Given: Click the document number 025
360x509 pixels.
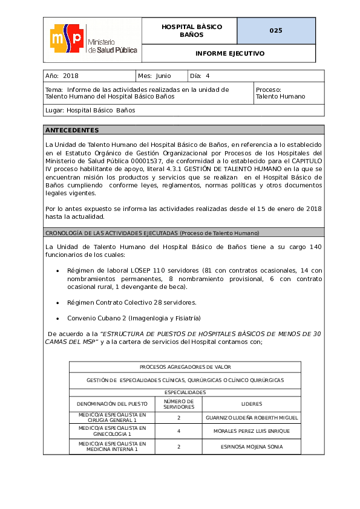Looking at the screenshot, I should coord(276,31).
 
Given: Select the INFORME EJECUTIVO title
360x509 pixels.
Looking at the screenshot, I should coord(229,54).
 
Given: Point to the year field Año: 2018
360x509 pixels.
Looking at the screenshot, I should coord(62,76).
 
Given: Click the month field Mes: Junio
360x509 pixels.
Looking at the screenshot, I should coord(155,76).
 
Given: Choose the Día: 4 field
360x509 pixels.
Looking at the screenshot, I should coord(200,76).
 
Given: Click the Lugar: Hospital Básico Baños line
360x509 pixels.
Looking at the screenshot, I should coord(90,111).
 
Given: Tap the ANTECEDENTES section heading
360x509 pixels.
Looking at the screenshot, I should coord(72,130).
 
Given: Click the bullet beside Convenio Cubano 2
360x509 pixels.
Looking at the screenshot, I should coord(57,318).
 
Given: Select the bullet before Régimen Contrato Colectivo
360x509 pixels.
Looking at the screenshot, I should coord(57,302).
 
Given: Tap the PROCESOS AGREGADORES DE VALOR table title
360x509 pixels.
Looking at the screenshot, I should coord(185,367).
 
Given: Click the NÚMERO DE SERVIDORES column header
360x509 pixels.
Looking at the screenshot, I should coord(178,404).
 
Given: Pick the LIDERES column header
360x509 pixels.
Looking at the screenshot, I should coord(251,404).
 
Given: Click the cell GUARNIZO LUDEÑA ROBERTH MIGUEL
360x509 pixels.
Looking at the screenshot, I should coord(251,418).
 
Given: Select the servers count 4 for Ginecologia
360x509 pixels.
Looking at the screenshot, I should coord(178,431).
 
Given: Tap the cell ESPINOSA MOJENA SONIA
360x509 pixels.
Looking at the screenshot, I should coord(251,447).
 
